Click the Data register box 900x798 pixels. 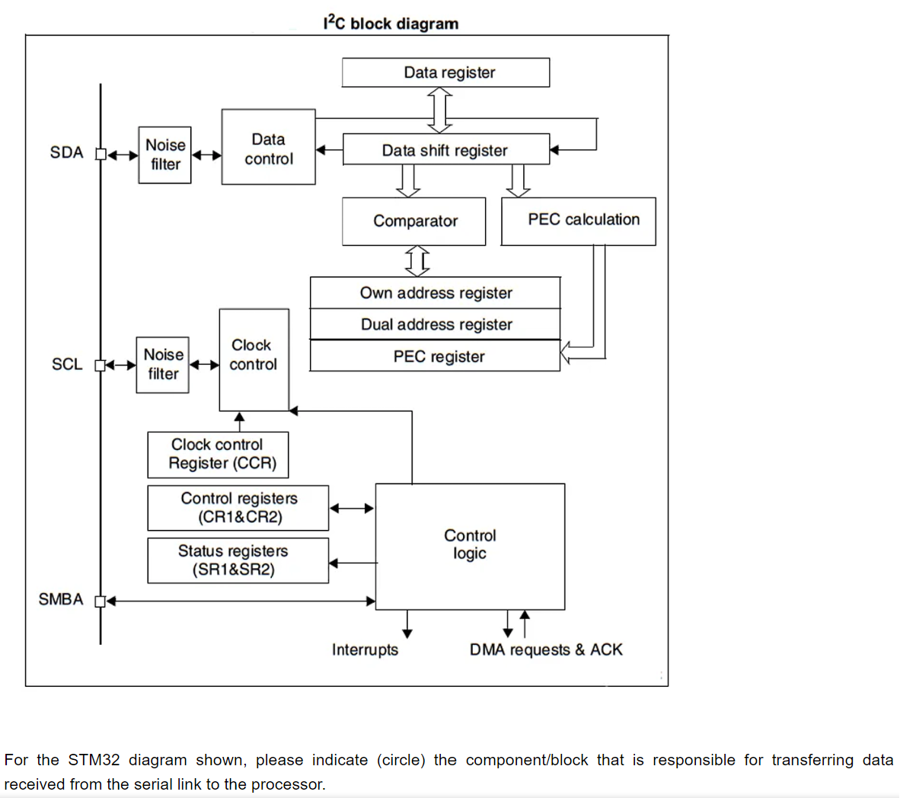point(445,72)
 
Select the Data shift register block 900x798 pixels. point(445,150)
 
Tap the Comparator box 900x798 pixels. point(414,221)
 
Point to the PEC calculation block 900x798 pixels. point(579,221)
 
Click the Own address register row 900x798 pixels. point(436,293)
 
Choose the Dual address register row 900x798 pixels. point(436,324)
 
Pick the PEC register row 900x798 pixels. point(436,356)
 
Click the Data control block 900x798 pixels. point(268,148)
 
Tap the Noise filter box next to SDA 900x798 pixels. point(164,155)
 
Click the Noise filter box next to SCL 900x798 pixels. point(163,365)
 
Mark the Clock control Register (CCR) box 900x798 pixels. point(219,455)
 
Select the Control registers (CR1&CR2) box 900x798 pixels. point(238,508)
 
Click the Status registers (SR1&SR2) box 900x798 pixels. point(238,560)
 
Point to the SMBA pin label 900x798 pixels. point(61,599)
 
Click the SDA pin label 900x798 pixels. point(66,152)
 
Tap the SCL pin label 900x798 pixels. point(67,364)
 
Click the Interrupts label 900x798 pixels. point(365,650)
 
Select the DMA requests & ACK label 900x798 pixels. point(546,650)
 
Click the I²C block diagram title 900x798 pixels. point(391,24)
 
